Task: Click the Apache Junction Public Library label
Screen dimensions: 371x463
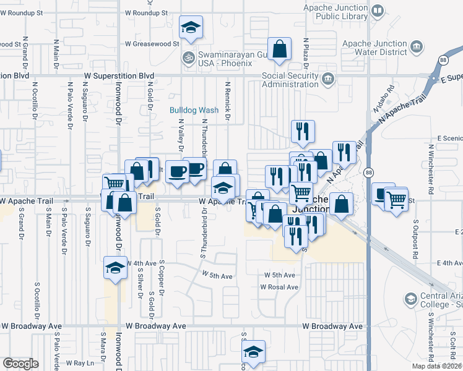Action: point(336,11)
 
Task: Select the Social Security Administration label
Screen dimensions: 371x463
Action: point(290,80)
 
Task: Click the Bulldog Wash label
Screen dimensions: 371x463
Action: point(194,110)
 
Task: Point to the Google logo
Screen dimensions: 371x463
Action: point(20,364)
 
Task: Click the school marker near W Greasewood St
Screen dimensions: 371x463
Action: point(191,28)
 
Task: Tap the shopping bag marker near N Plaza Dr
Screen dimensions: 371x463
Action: point(280,49)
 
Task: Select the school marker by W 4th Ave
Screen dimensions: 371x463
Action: point(115,268)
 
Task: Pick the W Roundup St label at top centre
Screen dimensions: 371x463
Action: point(146,12)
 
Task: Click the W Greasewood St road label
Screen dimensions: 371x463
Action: point(152,44)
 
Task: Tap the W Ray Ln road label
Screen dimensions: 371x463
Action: point(80,362)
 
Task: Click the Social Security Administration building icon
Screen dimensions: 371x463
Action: point(327,79)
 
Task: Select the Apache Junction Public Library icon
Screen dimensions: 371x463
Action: point(379,11)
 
